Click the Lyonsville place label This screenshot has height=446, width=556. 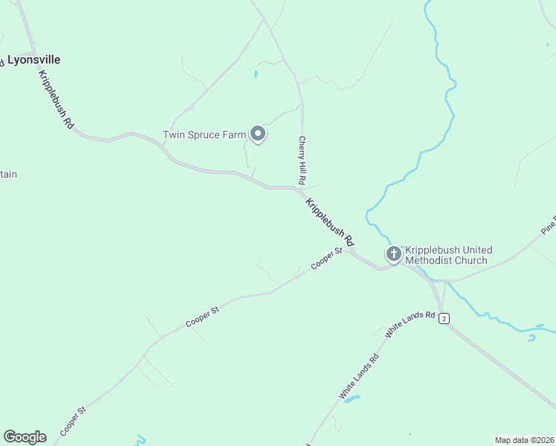[33, 59]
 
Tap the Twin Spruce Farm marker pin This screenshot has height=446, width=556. [258, 134]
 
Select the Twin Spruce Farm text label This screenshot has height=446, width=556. [204, 135]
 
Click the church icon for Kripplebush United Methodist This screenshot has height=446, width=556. [393, 254]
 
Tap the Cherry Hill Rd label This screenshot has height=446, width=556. [303, 160]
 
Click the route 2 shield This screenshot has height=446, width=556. [444, 318]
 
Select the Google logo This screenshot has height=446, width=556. [25, 437]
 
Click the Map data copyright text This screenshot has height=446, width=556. [524, 440]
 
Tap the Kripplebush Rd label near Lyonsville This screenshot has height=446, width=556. [56, 101]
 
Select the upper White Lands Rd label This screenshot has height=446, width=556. [410, 326]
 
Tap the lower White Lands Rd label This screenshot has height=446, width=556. [359, 378]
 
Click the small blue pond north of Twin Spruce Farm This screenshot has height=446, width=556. [255, 74]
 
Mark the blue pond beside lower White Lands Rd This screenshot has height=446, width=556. [352, 399]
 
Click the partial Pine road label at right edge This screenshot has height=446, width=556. [549, 225]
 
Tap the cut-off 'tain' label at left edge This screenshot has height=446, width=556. [8, 175]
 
